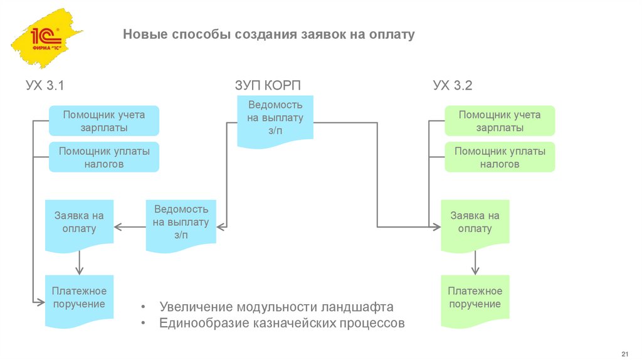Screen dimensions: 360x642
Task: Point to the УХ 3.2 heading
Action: point(452,86)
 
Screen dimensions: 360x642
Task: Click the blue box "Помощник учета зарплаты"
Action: point(104,121)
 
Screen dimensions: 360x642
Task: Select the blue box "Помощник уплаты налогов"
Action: point(104,157)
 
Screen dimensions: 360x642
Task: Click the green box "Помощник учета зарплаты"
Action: point(500,121)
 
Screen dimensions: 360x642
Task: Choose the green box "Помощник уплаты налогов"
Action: point(500,157)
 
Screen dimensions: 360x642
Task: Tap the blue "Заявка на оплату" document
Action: point(79,223)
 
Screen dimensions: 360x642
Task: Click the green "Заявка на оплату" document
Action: point(475,223)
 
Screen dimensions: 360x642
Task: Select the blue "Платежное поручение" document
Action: point(79,299)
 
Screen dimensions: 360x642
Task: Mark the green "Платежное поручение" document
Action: point(475,299)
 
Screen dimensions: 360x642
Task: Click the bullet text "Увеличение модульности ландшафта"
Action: point(276,307)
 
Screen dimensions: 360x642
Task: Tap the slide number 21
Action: point(624,349)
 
